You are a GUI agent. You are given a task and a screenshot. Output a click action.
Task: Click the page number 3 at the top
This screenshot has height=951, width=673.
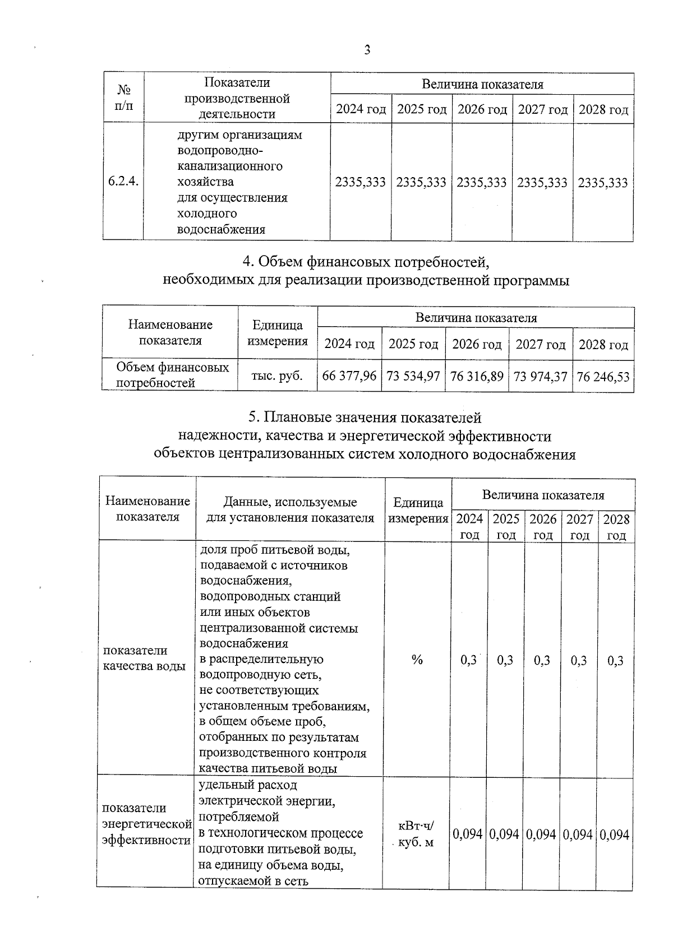click(x=367, y=50)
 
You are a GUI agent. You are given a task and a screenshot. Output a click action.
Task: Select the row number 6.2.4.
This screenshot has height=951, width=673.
click(x=123, y=182)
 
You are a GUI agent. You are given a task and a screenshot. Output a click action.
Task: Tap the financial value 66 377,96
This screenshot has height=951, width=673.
click(x=349, y=376)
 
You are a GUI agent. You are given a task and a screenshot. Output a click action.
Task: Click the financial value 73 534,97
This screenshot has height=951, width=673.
click(x=413, y=376)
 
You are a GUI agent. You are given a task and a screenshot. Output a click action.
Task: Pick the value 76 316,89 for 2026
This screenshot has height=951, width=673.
click(x=477, y=376)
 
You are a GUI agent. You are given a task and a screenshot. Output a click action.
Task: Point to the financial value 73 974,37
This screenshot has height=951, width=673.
click(x=541, y=376)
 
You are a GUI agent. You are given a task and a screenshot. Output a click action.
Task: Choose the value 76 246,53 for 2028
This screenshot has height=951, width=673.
click(x=603, y=376)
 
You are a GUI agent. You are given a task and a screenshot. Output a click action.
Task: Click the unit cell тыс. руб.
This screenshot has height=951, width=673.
click(x=277, y=376)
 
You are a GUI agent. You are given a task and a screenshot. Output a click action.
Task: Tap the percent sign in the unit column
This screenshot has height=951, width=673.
click(x=417, y=660)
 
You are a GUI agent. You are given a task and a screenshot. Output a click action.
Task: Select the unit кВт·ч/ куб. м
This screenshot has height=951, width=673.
click(x=416, y=834)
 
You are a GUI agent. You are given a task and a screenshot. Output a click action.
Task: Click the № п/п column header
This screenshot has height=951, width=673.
click(x=124, y=98)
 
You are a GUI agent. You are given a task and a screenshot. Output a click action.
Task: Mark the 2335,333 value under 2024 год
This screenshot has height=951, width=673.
click(x=360, y=182)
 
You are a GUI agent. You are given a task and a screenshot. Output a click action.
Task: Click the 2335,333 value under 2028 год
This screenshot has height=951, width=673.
click(x=603, y=182)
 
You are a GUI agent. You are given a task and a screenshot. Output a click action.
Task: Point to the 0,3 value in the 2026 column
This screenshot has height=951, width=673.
click(x=542, y=660)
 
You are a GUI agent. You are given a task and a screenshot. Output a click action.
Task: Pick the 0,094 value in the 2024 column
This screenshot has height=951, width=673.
click(x=468, y=834)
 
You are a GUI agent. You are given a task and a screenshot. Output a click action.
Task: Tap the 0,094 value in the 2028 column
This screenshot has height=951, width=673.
click(x=615, y=834)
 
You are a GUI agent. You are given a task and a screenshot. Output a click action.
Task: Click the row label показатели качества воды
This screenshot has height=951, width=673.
click(x=145, y=658)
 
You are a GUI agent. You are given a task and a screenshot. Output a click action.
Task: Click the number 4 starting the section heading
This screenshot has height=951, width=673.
click(x=246, y=262)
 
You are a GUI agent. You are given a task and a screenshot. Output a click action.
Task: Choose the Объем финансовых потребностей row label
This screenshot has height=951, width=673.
click(x=172, y=375)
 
